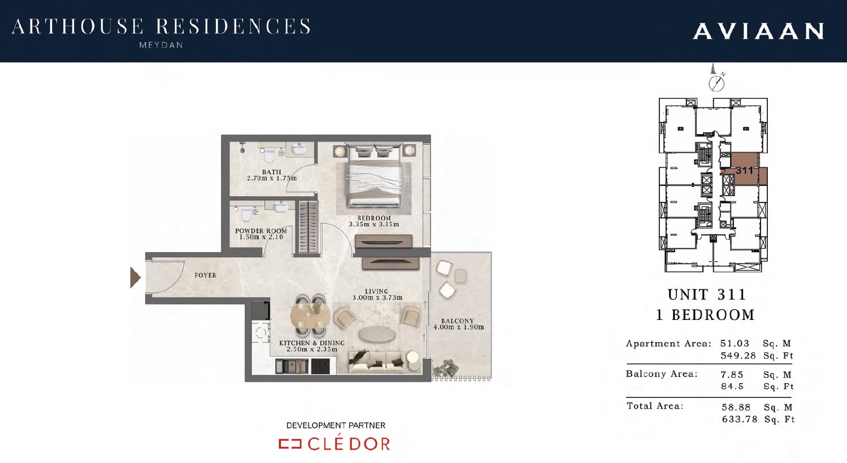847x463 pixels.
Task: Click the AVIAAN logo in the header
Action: click(758, 32)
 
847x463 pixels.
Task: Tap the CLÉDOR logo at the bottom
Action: click(335, 444)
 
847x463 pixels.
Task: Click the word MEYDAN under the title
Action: click(161, 45)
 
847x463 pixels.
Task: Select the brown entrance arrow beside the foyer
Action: click(136, 278)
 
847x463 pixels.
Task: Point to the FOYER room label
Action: click(205, 275)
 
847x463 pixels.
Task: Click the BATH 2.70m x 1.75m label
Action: click(271, 175)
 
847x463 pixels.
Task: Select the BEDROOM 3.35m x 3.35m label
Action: click(373, 221)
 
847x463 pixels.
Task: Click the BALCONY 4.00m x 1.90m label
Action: click(458, 324)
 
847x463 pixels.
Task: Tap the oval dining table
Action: click(310, 315)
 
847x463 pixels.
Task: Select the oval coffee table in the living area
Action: click(377, 335)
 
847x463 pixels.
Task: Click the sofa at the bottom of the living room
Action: click(378, 362)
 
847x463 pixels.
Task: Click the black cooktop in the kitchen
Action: click(320, 366)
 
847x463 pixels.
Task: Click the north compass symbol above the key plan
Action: click(716, 83)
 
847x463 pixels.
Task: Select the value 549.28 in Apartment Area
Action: click(738, 356)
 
